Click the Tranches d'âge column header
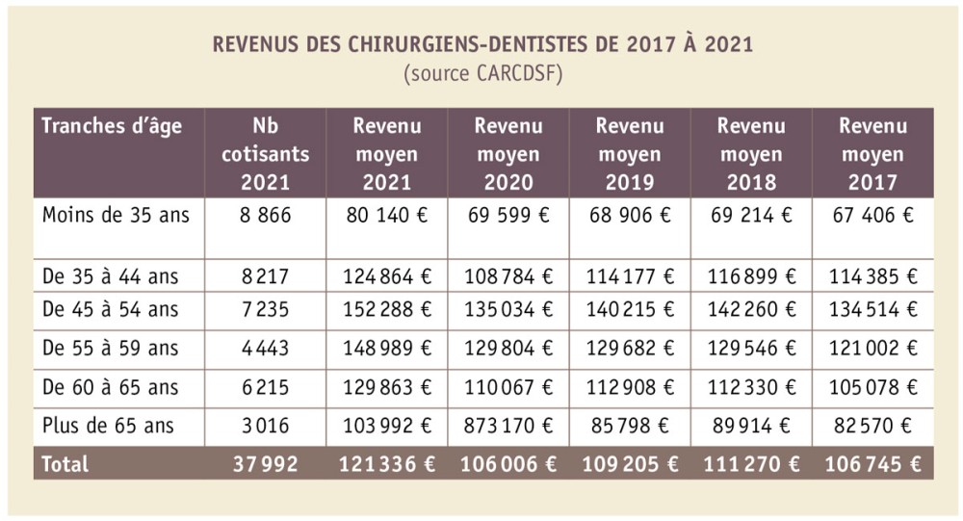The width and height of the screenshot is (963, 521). (112, 126)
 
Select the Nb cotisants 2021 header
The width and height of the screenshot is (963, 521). (265, 154)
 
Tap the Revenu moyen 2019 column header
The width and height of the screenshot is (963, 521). (630, 154)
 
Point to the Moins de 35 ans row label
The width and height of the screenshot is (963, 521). (116, 215)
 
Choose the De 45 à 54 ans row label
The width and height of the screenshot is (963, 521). (110, 309)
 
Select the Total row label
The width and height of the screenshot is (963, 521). (65, 463)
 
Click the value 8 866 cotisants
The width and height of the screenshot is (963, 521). (265, 215)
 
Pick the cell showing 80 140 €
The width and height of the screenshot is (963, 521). (387, 215)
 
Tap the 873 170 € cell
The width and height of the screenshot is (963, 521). (508, 425)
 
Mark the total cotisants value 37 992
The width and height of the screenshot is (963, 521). (265, 463)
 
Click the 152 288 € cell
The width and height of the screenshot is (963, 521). (387, 309)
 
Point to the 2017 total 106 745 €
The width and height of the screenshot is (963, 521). (872, 463)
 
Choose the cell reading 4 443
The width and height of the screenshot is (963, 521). (265, 348)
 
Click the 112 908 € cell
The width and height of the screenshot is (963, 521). (630, 386)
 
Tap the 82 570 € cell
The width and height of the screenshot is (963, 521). (872, 425)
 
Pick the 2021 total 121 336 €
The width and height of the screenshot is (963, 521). (387, 463)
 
